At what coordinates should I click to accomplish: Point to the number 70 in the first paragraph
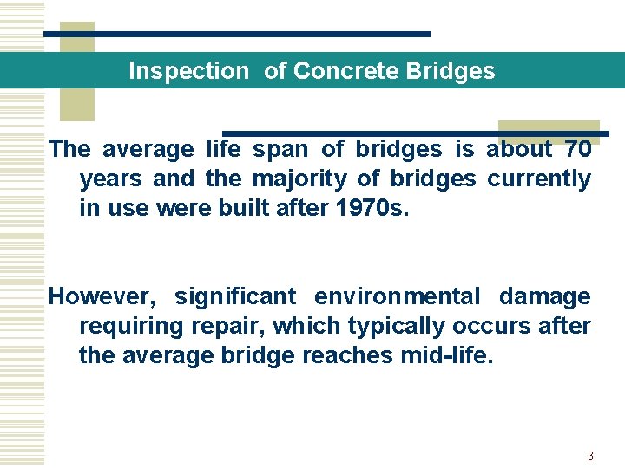coord(577,149)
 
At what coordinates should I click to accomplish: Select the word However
coord(102,296)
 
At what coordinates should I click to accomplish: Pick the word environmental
coord(397,296)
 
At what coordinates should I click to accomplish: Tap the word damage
coord(544,296)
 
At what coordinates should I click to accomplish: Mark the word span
coord(280,149)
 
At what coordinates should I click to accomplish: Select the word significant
coord(235,296)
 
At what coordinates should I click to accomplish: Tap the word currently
coord(538,179)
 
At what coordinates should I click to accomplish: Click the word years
coord(111,179)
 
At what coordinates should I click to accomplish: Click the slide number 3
coord(590,456)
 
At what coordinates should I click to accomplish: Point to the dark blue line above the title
coord(237,34)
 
